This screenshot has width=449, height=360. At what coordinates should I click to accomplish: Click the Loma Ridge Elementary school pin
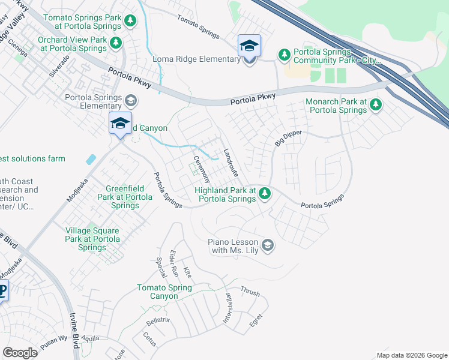[x=249, y=46]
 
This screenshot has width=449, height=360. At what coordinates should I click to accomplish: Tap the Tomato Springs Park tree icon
[x=130, y=22]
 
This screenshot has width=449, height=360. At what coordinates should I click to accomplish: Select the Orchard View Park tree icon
[x=116, y=43]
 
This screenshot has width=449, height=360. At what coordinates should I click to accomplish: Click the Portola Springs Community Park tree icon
[x=284, y=55]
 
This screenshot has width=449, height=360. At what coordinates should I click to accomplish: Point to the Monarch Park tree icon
[x=376, y=105]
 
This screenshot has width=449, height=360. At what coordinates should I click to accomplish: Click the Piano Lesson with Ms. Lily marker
[x=268, y=245]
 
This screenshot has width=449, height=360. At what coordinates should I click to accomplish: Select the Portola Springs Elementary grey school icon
[x=131, y=101]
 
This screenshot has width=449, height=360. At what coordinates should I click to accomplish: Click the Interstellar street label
[x=228, y=308]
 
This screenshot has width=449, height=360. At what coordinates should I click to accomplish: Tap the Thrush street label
[x=250, y=292]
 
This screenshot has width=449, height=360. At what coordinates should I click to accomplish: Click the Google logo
[x=20, y=353]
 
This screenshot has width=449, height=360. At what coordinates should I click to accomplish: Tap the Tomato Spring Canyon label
[x=164, y=292]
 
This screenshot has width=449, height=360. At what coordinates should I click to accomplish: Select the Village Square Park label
[x=92, y=239]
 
